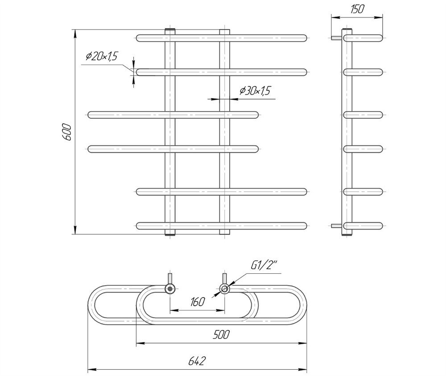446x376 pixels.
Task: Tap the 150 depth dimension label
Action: coord(357,9)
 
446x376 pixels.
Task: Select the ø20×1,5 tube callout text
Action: coord(102,56)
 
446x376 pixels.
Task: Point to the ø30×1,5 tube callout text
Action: coord(255,91)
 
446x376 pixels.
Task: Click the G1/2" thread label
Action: coord(264,266)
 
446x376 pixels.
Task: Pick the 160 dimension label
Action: coord(198,302)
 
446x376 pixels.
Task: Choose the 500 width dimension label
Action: coord(221,335)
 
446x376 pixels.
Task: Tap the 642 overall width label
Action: coord(197,361)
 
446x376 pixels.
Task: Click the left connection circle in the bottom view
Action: coord(170,289)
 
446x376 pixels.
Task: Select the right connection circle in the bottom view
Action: coord(224,289)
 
